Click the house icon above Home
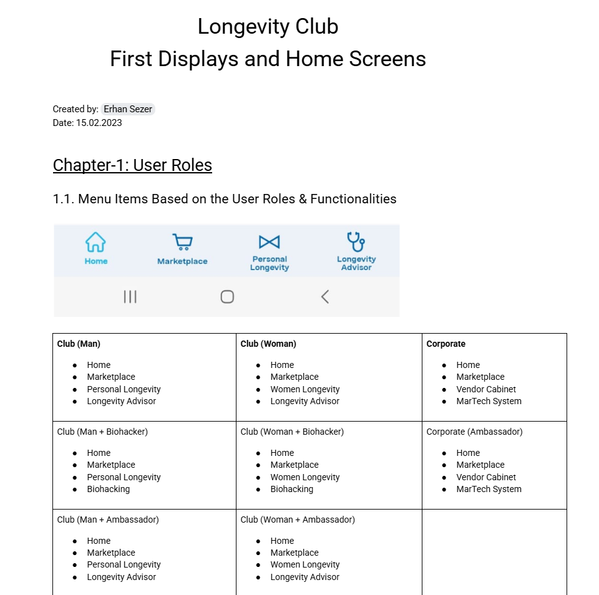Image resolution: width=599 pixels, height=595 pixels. point(95,242)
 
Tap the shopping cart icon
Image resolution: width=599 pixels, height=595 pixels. point(182,242)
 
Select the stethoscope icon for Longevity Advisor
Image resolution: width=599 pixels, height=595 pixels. point(356,241)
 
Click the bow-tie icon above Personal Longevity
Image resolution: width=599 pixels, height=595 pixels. point(269,242)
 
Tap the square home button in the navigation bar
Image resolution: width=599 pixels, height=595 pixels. point(227,297)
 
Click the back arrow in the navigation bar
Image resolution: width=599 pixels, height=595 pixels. point(324,297)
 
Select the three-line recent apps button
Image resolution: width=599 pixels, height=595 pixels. point(130,297)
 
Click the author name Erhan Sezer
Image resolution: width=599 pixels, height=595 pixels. point(128,109)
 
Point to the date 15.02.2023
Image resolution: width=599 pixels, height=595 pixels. point(99,123)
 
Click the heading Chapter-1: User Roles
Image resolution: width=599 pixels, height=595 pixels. point(132,165)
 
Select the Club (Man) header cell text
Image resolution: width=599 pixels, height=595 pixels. point(79,344)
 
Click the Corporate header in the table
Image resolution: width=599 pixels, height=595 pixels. point(446,344)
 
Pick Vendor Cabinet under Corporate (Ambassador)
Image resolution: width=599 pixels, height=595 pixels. point(486,477)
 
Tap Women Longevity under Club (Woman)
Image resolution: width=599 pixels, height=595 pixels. point(304,389)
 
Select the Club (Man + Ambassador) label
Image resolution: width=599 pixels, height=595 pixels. point(108,520)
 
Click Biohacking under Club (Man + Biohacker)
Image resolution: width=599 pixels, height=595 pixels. point(108,489)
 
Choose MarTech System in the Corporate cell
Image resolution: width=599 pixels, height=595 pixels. point(489,401)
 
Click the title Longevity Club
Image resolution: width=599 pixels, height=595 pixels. point(268,27)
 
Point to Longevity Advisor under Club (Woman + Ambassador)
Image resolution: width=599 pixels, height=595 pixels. point(304,577)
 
